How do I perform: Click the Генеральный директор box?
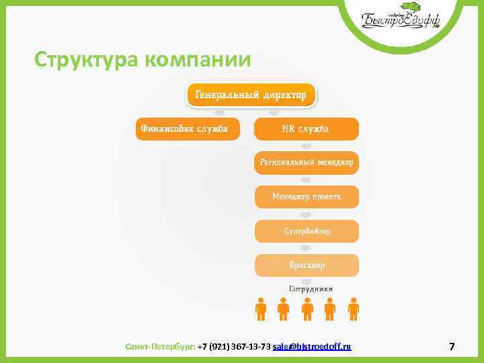pyautogui.click(x=250, y=95)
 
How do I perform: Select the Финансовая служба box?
pyautogui.click(x=188, y=128)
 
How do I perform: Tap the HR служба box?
pyautogui.click(x=306, y=128)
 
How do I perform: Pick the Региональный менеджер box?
pyautogui.click(x=306, y=163)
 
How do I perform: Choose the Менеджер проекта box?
pyautogui.click(x=306, y=197)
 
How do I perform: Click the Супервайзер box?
pyautogui.click(x=306, y=231)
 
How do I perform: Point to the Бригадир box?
pyautogui.click(x=306, y=265)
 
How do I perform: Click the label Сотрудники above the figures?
pyautogui.click(x=307, y=288)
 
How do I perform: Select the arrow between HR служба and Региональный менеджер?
pyautogui.click(x=306, y=146)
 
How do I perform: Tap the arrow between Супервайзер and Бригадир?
pyautogui.click(x=306, y=248)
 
